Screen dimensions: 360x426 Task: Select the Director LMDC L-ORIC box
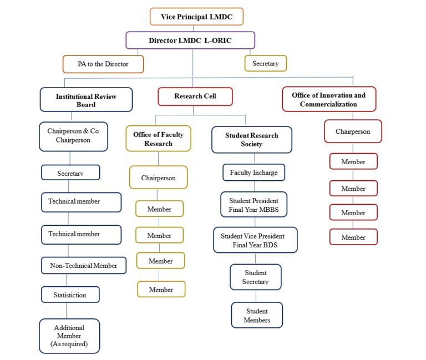(x=190, y=40)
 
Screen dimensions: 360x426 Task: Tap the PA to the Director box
(x=103, y=64)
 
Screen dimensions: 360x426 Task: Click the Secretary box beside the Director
(x=265, y=63)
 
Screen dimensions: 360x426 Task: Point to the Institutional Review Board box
(x=86, y=100)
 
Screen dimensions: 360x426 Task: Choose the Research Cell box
(x=195, y=96)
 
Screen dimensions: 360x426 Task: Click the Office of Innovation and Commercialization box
(x=328, y=99)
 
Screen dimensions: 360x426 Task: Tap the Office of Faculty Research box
(x=158, y=139)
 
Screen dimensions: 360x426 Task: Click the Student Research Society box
(x=251, y=139)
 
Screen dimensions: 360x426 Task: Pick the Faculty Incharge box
(x=253, y=173)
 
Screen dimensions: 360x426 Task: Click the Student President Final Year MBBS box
(x=253, y=205)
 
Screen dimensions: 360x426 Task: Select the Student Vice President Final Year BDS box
(x=255, y=240)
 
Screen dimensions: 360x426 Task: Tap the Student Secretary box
(x=255, y=277)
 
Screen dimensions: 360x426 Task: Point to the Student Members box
(x=256, y=315)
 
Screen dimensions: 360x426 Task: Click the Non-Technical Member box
(x=84, y=266)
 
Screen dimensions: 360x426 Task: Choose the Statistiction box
(x=70, y=295)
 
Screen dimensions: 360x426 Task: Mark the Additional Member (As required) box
(x=69, y=336)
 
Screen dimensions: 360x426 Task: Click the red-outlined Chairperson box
(x=353, y=131)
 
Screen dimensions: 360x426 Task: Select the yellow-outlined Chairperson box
(x=158, y=178)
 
